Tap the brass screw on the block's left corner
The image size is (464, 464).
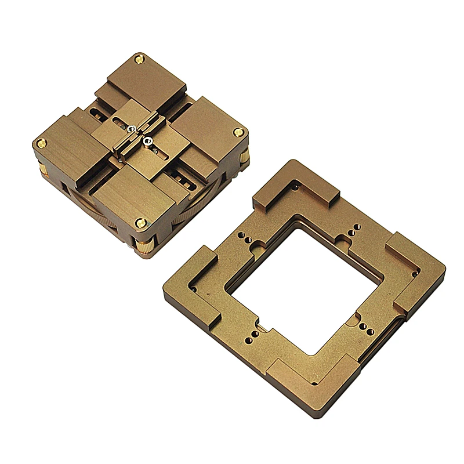[41, 142]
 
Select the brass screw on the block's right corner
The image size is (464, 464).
[237, 132]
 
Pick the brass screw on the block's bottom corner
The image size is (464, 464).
[140, 221]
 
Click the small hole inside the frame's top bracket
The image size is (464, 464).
[298, 188]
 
